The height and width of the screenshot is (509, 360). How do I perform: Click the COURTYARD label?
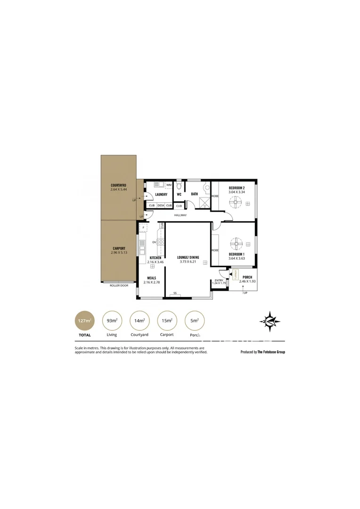click(118, 185)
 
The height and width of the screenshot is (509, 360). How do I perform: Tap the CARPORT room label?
click(118, 248)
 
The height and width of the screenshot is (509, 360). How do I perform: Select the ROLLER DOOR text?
click(119, 286)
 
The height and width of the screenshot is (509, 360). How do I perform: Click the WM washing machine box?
click(169, 185)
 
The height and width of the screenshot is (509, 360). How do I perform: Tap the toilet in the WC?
click(179, 186)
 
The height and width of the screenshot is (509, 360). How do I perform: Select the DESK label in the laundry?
click(160, 205)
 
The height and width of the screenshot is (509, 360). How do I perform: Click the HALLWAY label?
click(180, 215)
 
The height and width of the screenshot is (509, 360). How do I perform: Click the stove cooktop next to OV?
click(161, 242)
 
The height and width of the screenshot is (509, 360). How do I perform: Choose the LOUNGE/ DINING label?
click(188, 257)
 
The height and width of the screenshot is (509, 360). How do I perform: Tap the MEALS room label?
click(151, 278)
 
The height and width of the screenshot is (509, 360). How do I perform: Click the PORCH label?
click(247, 277)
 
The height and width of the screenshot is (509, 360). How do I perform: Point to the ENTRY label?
click(219, 281)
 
